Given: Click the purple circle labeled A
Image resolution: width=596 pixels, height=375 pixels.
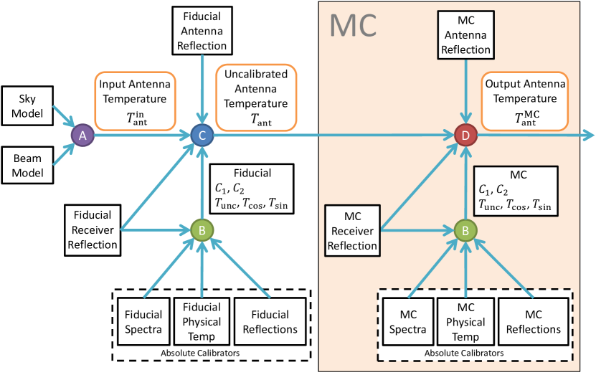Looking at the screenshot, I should click(81, 134).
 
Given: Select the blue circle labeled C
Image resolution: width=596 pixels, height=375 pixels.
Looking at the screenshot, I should click(203, 134).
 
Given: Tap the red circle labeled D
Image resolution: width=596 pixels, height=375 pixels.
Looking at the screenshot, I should click(466, 134).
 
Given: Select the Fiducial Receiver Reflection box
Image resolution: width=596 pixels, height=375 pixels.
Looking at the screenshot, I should click(92, 229).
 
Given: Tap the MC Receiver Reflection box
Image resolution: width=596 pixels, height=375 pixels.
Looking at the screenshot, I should click(352, 229).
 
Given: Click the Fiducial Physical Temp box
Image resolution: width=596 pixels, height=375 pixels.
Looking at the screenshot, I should click(203, 321).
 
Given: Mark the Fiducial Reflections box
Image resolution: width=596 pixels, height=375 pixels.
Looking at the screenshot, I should click(270, 322).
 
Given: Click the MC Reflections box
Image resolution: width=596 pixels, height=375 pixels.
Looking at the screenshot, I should click(532, 322).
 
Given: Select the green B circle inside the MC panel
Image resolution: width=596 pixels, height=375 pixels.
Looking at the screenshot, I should click(466, 230).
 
